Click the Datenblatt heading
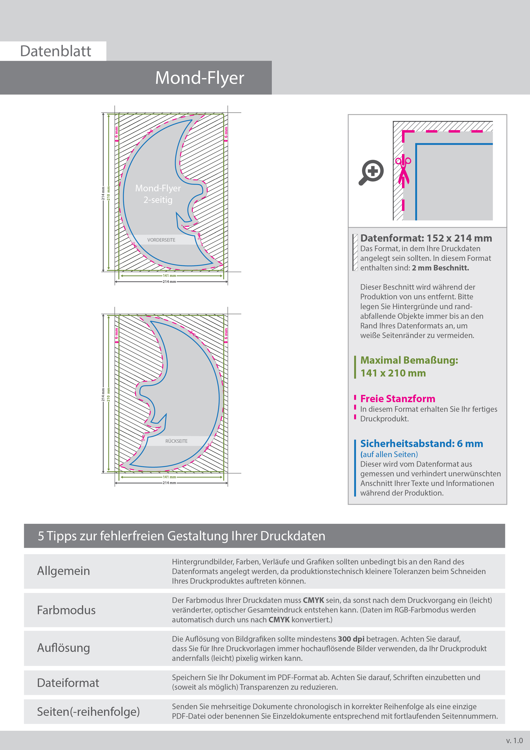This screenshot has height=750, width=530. pos(56,51)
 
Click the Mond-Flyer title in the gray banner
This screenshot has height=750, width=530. pos(200,78)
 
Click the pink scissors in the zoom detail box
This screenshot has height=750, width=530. pos(403,171)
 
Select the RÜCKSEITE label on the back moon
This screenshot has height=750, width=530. pos(176,441)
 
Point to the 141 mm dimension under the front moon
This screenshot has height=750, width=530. pos(169,276)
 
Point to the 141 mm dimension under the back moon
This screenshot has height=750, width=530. pos(169,477)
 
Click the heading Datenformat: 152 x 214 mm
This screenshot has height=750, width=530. pos(426,238)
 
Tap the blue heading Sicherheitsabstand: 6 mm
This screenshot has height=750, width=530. pos(421,444)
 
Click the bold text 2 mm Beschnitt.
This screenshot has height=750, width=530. pos(440,268)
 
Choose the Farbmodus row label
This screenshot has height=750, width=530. pos(66,610)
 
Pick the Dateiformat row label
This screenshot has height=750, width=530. pos(68,683)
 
